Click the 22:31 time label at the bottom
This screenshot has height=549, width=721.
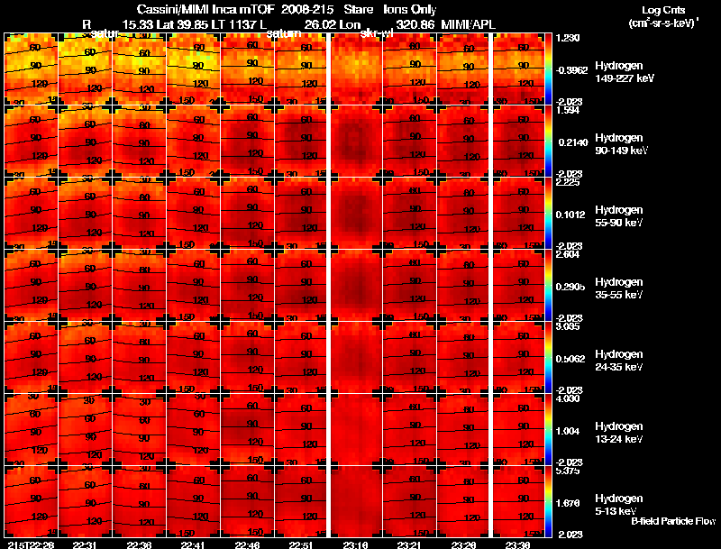point(85,544)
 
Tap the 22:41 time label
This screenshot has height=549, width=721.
point(193,544)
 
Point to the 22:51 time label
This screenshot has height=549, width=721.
point(302,544)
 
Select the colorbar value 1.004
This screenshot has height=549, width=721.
point(570,431)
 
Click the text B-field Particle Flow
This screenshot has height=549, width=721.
point(673,521)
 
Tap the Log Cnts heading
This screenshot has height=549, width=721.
point(662,10)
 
